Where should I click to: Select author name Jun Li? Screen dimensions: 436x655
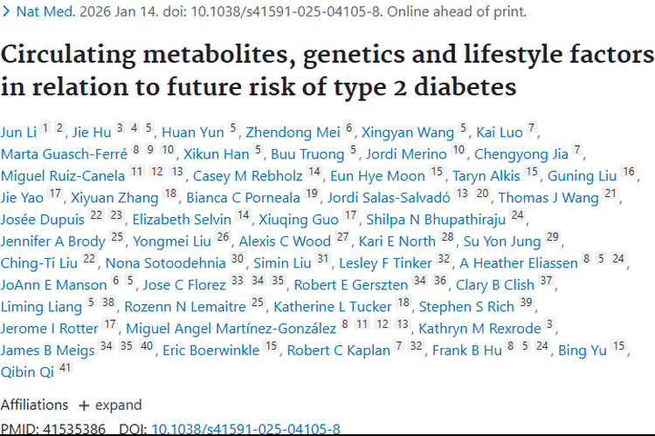[x=17, y=133]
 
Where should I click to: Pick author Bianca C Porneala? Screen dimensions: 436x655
[x=248, y=198]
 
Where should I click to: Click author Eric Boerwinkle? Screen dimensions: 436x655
[x=210, y=351]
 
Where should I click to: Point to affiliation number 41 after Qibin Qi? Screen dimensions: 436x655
[x=65, y=369]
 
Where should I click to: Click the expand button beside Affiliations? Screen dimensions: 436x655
[x=111, y=405]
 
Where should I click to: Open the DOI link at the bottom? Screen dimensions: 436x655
[x=245, y=429]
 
